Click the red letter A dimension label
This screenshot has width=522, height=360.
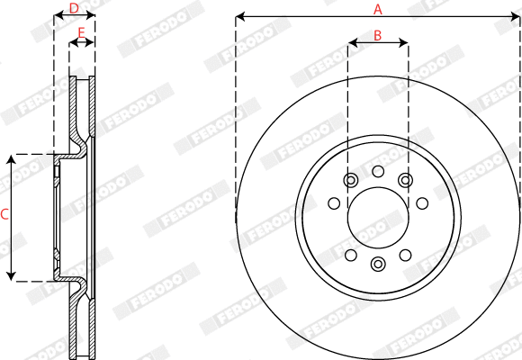[378, 9]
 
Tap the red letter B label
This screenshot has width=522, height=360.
[378, 35]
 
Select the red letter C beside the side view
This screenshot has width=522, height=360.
[4, 214]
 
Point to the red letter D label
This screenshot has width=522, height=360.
[75, 9]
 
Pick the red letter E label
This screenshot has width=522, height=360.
[82, 34]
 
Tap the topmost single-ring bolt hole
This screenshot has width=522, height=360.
[378, 171]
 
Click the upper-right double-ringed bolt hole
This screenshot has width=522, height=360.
[406, 181]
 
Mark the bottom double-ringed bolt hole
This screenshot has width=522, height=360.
[378, 264]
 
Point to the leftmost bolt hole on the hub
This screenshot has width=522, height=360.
[334, 203]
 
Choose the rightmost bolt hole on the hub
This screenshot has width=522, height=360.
[422, 203]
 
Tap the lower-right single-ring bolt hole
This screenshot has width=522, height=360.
[406, 254]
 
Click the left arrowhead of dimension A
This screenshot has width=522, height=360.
[239, 16]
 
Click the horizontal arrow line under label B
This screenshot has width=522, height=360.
[378, 42]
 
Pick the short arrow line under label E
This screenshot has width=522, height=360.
[82, 42]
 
